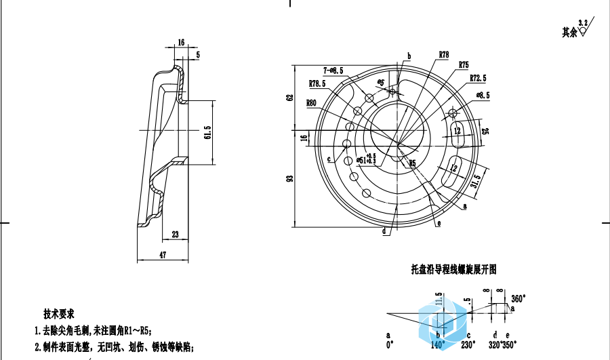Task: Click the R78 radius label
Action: click(x=444, y=54)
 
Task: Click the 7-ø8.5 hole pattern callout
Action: click(x=333, y=70)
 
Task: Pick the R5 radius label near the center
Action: click(x=411, y=163)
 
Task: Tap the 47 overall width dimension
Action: click(x=163, y=254)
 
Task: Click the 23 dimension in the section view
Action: click(x=176, y=235)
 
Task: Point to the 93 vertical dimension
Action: click(x=289, y=179)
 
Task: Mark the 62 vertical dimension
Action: click(x=289, y=98)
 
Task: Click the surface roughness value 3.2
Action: click(x=582, y=23)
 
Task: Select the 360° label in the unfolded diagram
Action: click(x=518, y=298)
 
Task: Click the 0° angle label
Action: click(x=389, y=344)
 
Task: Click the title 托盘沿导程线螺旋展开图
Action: click(x=454, y=269)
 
